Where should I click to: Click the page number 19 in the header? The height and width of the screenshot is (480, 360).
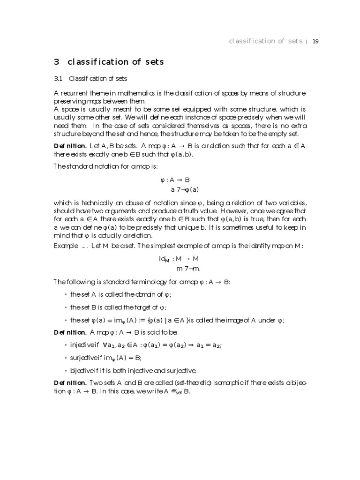pyautogui.click(x=315, y=41)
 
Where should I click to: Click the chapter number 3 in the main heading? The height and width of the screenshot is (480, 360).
pyautogui.click(x=57, y=62)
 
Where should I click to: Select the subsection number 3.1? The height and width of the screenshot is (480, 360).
pyautogui.click(x=59, y=78)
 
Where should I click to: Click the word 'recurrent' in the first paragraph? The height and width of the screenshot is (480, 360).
pyautogui.click(x=76, y=93)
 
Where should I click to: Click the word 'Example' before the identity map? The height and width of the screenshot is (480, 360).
pyautogui.click(x=66, y=246)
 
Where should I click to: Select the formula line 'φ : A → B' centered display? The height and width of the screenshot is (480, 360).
pyautogui.click(x=175, y=180)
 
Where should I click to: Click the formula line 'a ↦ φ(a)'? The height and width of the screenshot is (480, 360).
pyautogui.click(x=185, y=189)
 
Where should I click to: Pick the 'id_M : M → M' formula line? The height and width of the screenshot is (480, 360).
pyautogui.click(x=179, y=259)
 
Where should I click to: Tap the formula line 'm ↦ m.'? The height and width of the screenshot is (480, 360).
pyautogui.click(x=188, y=269)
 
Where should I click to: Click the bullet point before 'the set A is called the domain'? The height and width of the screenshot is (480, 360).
pyautogui.click(x=65, y=294)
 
